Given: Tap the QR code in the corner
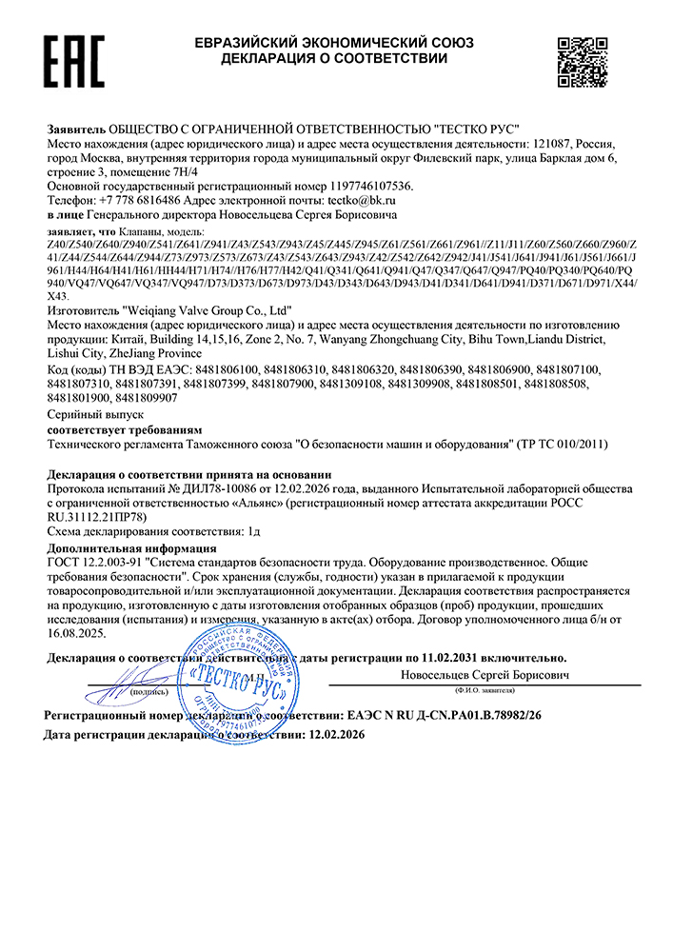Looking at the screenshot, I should (583, 61).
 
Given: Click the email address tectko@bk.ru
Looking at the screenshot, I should (361, 201).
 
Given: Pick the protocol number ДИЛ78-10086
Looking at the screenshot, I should (203, 488).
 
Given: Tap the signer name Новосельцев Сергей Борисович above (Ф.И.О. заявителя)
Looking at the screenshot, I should (485, 674).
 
